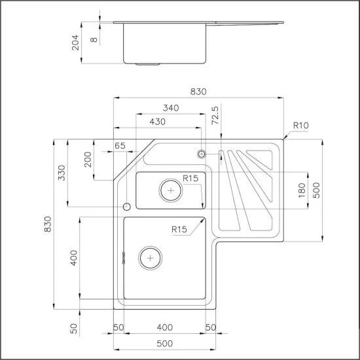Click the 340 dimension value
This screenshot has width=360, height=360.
[171, 108]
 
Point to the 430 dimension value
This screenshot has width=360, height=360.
[157, 122]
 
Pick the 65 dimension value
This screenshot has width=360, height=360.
[120, 146]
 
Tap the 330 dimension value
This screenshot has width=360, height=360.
[62, 172]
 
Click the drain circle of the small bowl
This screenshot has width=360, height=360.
[171, 190]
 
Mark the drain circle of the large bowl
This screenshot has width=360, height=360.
[151, 257]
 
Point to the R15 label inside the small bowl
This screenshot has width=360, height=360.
[190, 177]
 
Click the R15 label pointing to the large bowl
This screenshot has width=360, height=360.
[179, 229]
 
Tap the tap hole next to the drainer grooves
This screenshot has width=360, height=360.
[202, 154]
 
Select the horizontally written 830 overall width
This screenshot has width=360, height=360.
[198, 92]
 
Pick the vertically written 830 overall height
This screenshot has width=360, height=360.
[46, 224]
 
